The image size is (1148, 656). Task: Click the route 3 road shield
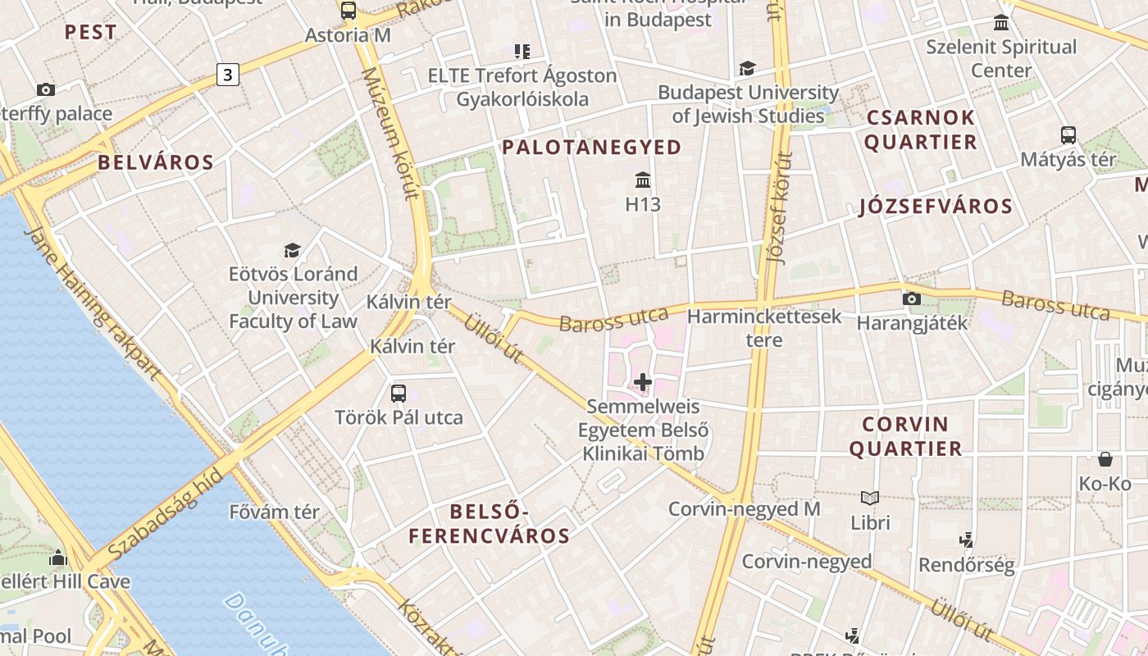(227, 75)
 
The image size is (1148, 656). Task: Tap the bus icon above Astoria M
(348, 11)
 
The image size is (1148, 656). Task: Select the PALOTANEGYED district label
(591, 148)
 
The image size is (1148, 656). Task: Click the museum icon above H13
(643, 180)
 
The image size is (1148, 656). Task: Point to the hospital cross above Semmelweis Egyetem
(643, 382)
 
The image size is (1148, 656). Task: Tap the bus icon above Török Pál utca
(399, 393)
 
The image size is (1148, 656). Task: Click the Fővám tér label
(274, 512)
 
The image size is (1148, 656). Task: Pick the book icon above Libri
(870, 498)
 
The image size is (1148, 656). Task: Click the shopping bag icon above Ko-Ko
(1105, 459)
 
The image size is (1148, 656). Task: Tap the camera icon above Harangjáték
(911, 298)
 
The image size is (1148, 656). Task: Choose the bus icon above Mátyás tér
(1068, 134)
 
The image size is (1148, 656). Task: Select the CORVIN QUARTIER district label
(905, 436)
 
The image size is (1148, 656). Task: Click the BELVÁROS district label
(156, 162)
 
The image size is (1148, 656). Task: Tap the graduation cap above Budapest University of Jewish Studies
(747, 68)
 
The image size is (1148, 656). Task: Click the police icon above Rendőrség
(967, 540)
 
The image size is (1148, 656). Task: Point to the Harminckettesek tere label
(764, 328)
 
